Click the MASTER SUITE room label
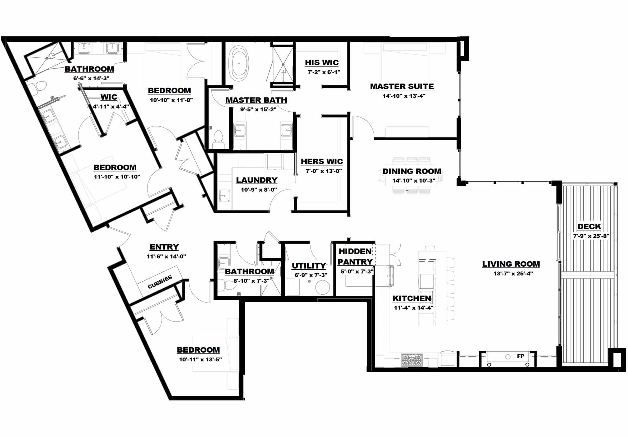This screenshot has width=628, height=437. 402,86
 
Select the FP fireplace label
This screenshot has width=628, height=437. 520,356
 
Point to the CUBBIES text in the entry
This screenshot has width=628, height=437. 160,282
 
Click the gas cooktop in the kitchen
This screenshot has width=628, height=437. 412,360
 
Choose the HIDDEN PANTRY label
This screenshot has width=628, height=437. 355,256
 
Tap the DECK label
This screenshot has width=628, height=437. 589,226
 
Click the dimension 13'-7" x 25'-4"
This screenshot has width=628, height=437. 513,274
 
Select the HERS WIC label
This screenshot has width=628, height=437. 322,161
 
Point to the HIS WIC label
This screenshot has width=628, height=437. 322,62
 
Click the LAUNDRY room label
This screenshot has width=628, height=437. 257,180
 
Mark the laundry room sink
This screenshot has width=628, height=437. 225,196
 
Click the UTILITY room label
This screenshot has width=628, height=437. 309,266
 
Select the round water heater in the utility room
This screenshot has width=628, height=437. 322,287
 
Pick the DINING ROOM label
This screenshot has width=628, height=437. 412,171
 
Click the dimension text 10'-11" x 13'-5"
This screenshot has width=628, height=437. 200,360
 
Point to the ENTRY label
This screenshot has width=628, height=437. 164,247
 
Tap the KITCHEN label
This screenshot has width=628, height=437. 412,298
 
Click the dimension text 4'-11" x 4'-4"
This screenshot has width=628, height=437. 111,106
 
